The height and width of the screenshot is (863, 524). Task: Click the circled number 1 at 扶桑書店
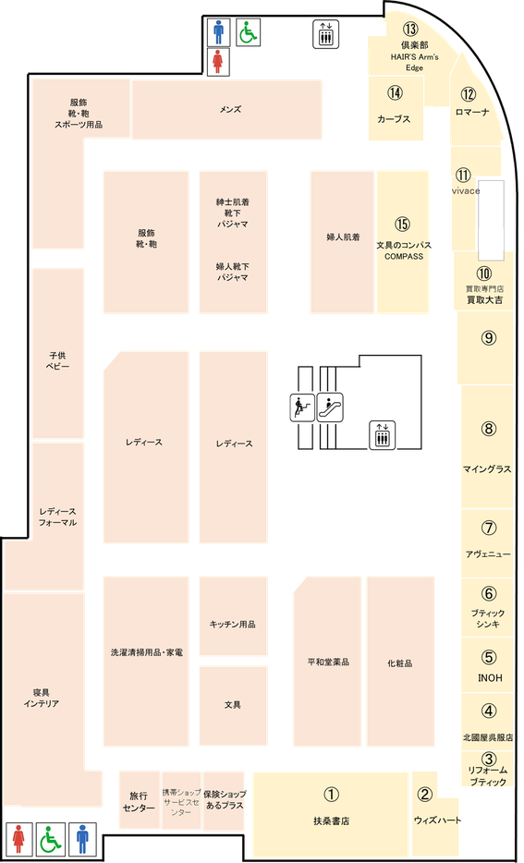(330, 794)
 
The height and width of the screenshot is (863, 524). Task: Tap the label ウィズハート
(437, 820)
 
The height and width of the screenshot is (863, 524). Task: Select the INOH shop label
(490, 678)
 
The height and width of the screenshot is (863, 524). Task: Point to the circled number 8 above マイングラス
(488, 428)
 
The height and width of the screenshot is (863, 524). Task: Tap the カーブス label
(394, 119)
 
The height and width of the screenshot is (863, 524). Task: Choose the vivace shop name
(465, 191)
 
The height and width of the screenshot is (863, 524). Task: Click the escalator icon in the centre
(330, 407)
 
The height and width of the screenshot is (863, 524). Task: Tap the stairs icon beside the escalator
(302, 407)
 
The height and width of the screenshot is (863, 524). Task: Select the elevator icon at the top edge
(326, 34)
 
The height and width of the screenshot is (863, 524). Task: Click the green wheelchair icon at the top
(249, 32)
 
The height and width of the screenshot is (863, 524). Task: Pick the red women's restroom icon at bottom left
(19, 838)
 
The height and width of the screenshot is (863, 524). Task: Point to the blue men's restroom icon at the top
(219, 32)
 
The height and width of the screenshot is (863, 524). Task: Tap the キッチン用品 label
(232, 624)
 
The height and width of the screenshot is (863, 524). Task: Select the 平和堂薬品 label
(329, 662)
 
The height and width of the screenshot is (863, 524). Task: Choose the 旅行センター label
(139, 802)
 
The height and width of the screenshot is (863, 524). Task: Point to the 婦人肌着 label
(343, 237)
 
